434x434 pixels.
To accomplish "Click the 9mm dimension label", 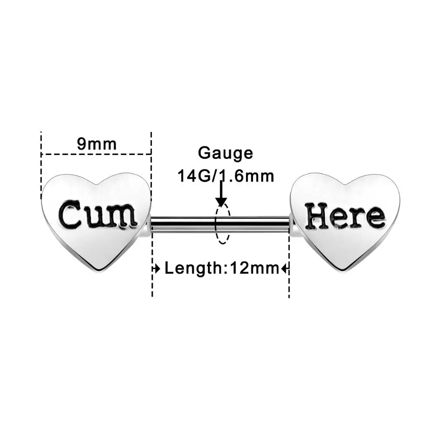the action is (x=97, y=143).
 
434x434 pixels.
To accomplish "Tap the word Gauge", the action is (x=225, y=153).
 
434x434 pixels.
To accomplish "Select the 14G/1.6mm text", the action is (x=225, y=176).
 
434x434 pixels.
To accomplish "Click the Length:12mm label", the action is (x=221, y=269).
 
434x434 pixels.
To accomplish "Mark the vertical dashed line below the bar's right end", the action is (x=289, y=278).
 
